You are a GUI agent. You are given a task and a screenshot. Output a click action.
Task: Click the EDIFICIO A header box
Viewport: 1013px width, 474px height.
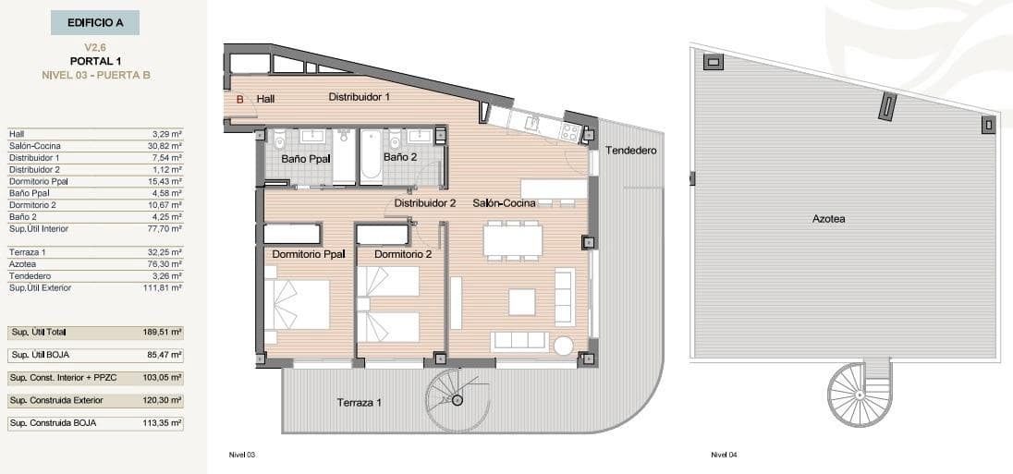96,22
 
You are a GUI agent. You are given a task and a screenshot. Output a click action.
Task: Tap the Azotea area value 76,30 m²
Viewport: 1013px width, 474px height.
167,264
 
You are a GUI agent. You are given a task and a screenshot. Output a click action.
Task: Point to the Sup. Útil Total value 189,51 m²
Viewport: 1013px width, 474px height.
166,332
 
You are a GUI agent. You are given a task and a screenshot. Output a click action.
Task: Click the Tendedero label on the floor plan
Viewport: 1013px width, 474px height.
630,150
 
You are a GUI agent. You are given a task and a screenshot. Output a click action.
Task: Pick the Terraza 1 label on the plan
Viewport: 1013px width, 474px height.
360,403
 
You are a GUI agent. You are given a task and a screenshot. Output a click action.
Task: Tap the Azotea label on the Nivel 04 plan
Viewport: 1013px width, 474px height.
828,219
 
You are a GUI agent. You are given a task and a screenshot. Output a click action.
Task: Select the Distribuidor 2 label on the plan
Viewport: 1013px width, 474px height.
425,203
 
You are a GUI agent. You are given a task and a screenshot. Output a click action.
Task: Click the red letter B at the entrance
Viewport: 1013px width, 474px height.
239,99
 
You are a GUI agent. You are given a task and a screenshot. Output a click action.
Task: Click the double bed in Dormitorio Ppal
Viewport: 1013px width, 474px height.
298,304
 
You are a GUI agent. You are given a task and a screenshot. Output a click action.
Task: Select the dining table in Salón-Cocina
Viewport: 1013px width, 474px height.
513,240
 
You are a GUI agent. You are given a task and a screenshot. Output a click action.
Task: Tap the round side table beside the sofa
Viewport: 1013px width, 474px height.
564,345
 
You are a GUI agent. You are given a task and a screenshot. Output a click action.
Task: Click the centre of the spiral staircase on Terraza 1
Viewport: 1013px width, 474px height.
457,400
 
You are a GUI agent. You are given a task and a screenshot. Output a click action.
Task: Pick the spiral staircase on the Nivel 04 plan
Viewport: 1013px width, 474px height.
860,394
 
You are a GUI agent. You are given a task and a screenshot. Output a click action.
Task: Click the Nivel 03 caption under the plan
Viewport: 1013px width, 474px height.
241,455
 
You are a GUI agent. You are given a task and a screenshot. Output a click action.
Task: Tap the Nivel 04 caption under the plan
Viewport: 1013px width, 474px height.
724,455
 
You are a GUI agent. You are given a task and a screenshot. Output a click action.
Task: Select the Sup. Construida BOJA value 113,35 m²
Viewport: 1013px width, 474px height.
166,423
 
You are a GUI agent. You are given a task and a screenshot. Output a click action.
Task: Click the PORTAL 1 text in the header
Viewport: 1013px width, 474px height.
96,61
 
